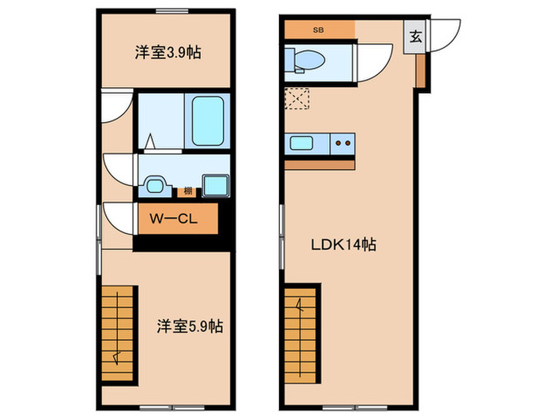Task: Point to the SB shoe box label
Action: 318,31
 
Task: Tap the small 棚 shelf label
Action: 187,191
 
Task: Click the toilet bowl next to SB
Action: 308,58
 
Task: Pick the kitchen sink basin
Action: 301,144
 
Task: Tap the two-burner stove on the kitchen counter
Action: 344,144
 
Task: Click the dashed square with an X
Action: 297,99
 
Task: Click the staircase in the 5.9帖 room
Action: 120,327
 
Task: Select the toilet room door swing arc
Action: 374,64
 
